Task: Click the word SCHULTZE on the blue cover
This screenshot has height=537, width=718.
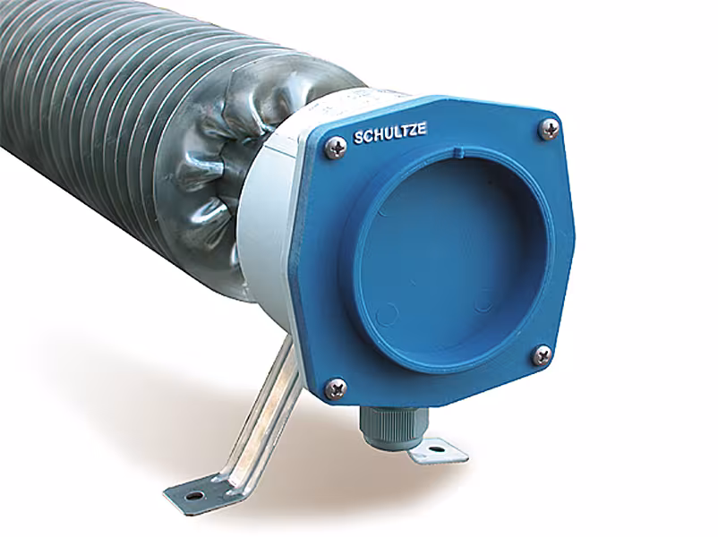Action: pyautogui.click(x=389, y=136)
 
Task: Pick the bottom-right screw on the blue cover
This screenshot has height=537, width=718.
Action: pyautogui.click(x=542, y=354)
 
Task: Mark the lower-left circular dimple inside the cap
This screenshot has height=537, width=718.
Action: pyautogui.click(x=387, y=314)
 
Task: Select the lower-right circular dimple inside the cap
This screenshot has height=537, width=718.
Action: pyautogui.click(x=484, y=303)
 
